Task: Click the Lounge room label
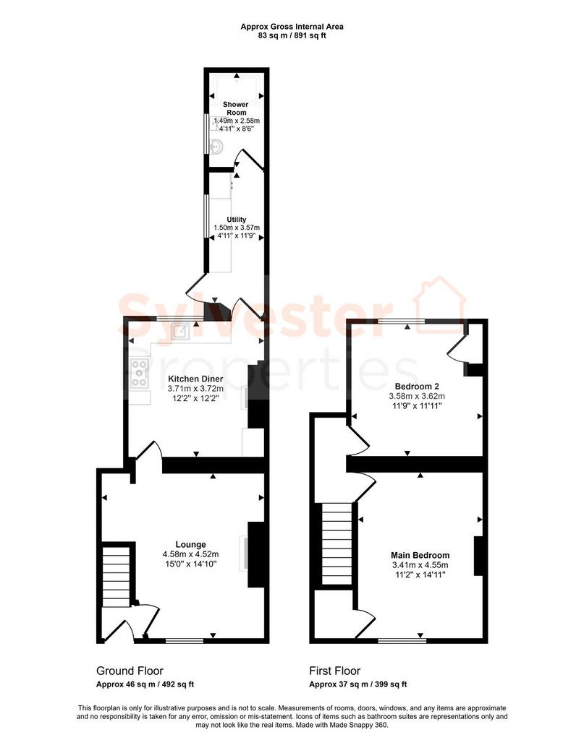[x=190, y=545]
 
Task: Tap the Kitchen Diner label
[x=195, y=379]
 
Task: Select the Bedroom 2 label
[x=417, y=387]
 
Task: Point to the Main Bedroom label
[x=420, y=556]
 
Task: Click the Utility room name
[x=236, y=220]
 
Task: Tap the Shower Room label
[x=236, y=108]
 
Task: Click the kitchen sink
[x=180, y=332]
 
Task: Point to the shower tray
[x=236, y=88]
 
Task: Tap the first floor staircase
[x=337, y=543]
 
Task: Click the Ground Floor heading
[x=130, y=671]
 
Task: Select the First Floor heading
[x=334, y=671]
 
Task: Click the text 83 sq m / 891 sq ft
[x=292, y=35]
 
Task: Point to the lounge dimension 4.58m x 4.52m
[x=190, y=554]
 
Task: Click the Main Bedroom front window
[x=402, y=640]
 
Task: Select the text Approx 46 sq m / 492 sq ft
[x=145, y=684]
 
